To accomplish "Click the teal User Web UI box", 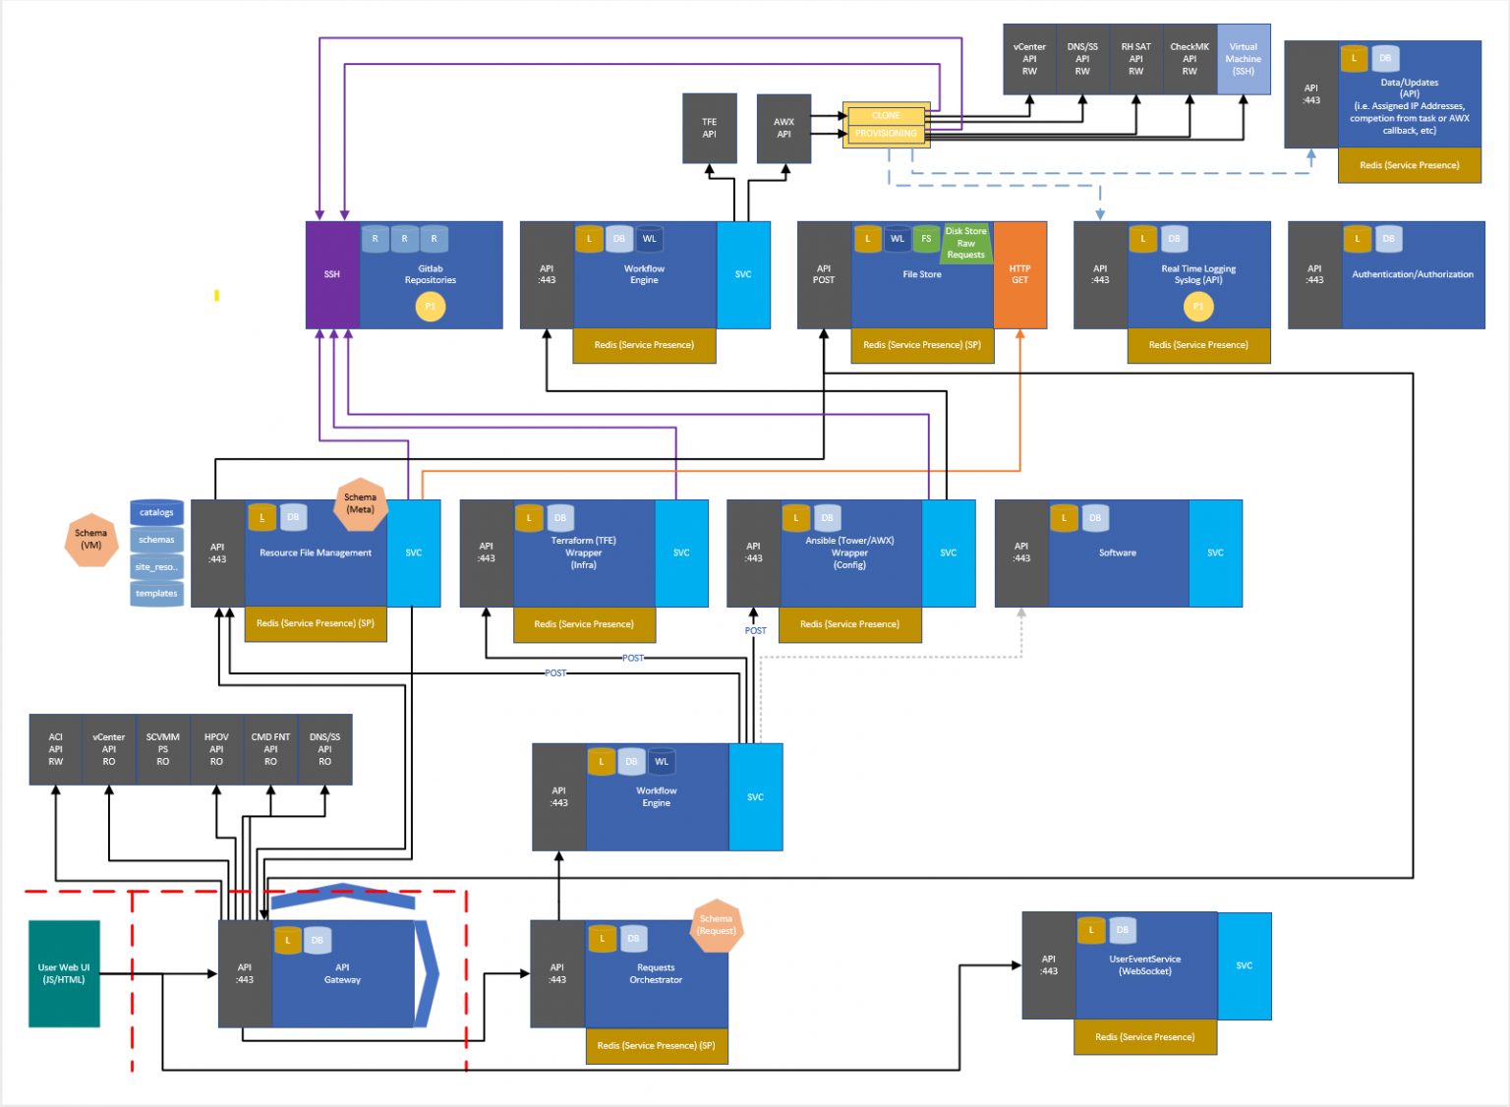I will pos(64,973).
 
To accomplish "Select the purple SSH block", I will pos(332,274).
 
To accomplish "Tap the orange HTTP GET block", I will pos(1019,274).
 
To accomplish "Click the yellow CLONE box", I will pos(886,115).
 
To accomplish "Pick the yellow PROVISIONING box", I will pos(886,134).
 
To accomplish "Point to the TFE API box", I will pos(709,129).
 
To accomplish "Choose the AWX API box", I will pos(784,129).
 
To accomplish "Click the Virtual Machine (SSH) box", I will pos(1244,59).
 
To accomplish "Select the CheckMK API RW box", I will pos(1190,59).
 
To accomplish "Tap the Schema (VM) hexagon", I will pos(91,540).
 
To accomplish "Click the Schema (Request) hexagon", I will pos(716,925).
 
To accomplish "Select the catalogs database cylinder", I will pos(156,512).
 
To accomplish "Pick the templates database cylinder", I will pos(156,594).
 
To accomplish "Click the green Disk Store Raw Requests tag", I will pos(966,243).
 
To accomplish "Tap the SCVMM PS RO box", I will pos(163,749).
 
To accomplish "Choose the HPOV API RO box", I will pos(216,749).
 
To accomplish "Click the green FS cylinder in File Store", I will pos(926,239).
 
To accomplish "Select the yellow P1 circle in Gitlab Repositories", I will pos(430,307).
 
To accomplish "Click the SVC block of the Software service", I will pos(1215,553).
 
